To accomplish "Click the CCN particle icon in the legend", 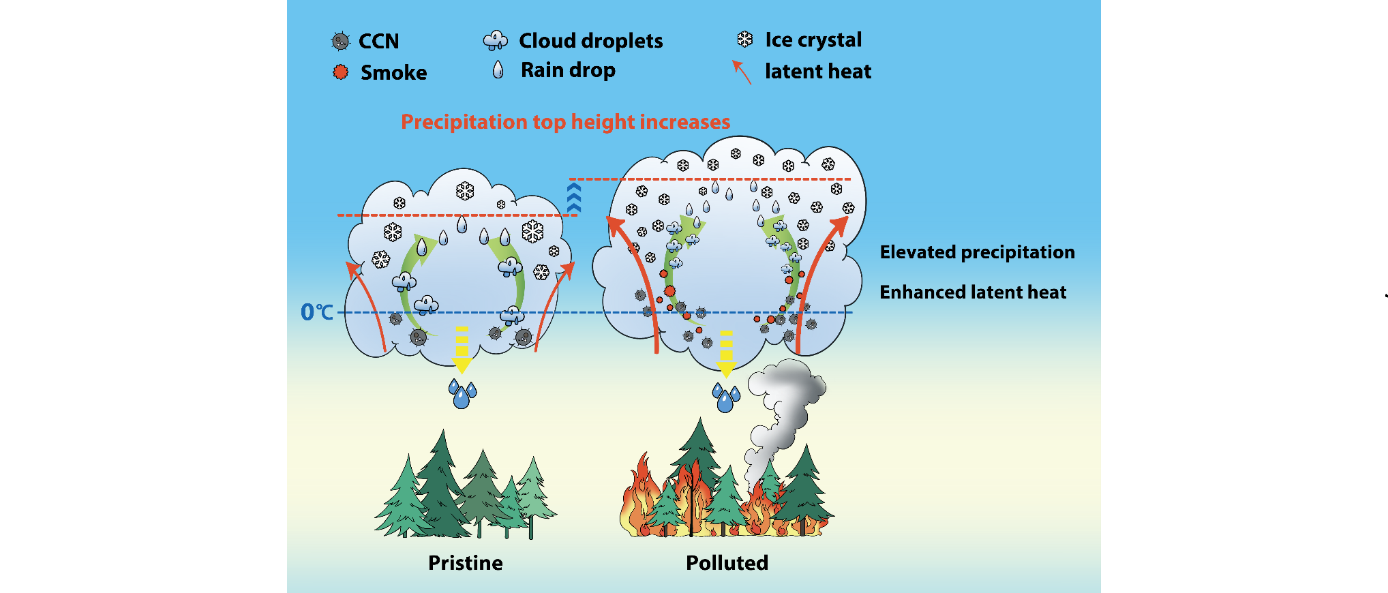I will [340, 42].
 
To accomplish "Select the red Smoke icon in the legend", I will [341, 72].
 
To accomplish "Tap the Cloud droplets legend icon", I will [496, 41].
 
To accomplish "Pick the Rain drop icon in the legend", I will [498, 70].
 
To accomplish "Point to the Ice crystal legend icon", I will [745, 40].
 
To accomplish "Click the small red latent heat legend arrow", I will [742, 72].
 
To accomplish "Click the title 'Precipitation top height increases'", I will [565, 122].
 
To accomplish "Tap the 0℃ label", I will [317, 312].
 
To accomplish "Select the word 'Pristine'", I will [465, 563].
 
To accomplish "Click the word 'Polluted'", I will [727, 563].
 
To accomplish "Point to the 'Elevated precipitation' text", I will [977, 252].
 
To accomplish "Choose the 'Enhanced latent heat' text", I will [973, 292].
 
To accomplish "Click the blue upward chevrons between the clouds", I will [574, 198].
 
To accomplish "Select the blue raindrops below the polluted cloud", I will [725, 397].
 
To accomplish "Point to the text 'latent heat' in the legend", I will [818, 72].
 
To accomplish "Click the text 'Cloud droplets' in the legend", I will [590, 41].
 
